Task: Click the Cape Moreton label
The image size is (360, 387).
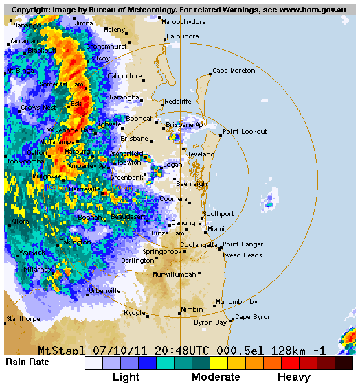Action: coord(234,71)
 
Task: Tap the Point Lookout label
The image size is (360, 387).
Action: coord(245,131)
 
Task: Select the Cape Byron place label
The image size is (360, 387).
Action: coord(254,317)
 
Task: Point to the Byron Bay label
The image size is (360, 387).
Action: coord(210,322)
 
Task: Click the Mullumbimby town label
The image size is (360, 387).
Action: coord(236,302)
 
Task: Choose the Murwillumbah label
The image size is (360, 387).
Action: coord(175,274)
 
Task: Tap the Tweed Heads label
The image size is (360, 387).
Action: coord(242,255)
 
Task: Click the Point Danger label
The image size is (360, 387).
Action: coord(243,244)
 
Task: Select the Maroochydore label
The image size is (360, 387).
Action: coord(184,22)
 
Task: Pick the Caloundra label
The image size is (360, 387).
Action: coord(183,36)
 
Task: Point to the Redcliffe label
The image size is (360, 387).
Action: coord(177,102)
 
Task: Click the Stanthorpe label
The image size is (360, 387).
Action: coord(23,319)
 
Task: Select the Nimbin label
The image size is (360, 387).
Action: coord(192,309)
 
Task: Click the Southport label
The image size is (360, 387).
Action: coord(219,214)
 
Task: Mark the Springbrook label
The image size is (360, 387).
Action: coord(162,252)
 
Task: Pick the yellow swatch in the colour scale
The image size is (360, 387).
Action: coord(218,363)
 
